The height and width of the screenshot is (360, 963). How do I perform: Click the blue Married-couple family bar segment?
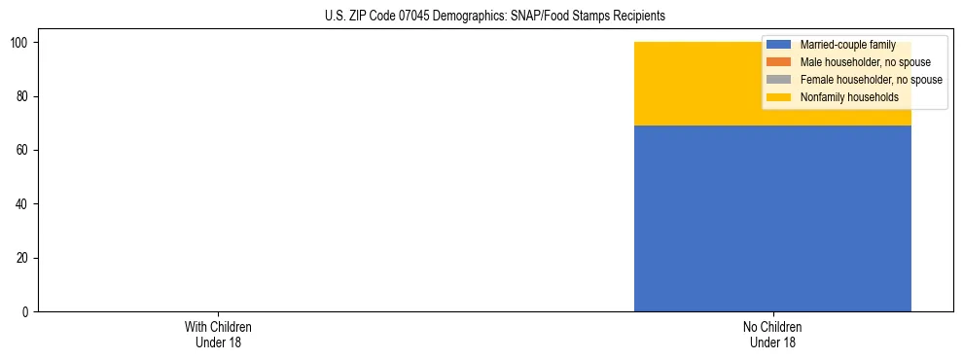pos(772,218)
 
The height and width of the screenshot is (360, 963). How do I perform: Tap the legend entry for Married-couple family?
pos(847,45)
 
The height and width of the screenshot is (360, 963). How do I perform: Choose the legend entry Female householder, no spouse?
pos(871,80)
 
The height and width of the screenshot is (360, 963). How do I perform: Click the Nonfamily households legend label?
pos(849,97)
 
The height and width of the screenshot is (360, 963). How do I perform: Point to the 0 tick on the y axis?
pos(27,311)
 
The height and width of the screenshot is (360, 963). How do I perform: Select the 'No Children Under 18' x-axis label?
pos(772,334)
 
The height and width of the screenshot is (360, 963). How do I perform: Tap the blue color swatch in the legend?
pos(779,45)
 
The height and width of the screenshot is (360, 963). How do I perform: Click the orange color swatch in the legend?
pos(779,62)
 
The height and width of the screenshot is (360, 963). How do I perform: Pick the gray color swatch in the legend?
pos(779,80)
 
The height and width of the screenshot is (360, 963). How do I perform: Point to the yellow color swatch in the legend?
pos(779,97)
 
